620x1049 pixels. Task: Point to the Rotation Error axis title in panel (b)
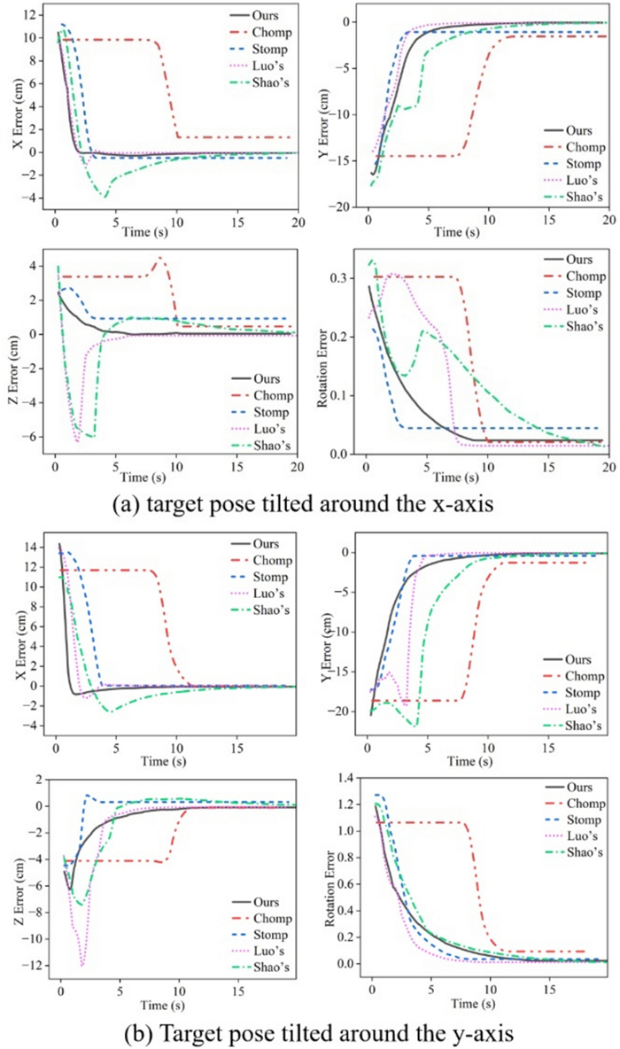[329, 872]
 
